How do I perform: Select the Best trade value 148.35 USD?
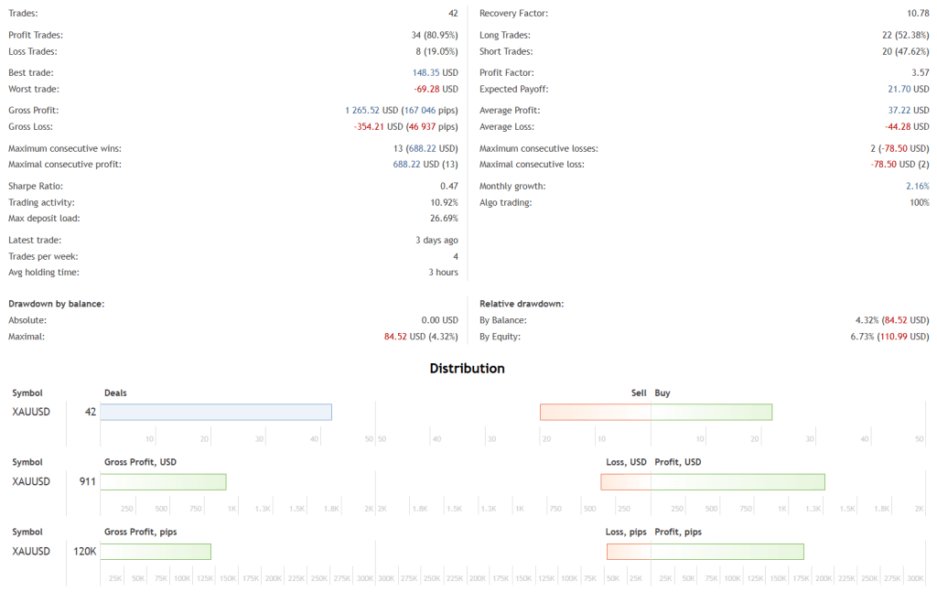point(435,72)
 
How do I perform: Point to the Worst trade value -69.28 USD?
point(436,89)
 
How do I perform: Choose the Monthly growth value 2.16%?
point(918,186)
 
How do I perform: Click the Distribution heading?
point(467,369)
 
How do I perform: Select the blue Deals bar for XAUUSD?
point(216,412)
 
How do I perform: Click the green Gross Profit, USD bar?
point(163,481)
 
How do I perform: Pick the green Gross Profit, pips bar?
point(156,551)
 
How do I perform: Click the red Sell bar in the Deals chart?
point(595,412)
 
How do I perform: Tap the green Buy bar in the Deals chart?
point(711,412)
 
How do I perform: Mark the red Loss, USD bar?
point(626,481)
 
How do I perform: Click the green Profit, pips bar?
point(727,551)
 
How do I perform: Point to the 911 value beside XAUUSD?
point(87,481)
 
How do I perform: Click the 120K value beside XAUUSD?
point(85,551)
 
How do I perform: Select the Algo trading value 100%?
point(919,202)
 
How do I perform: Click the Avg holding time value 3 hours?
point(443,272)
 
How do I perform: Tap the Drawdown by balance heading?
point(56,303)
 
